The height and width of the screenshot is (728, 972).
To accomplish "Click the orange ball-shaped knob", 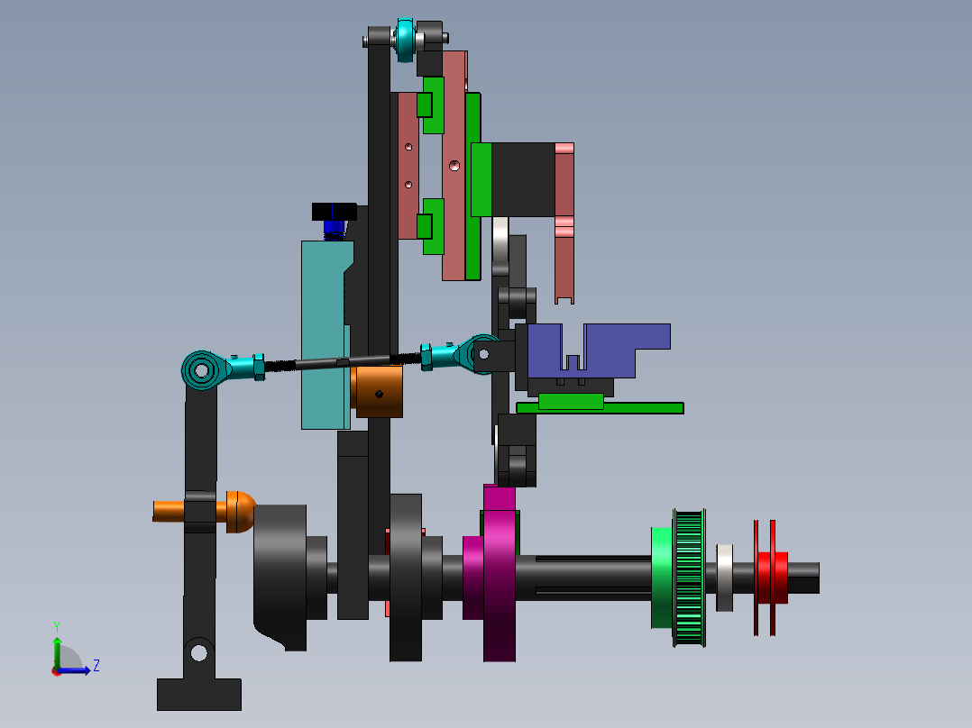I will click(239, 511).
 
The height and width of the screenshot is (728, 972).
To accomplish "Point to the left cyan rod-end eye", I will click(201, 369).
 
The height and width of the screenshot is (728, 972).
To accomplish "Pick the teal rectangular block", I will click(323, 333).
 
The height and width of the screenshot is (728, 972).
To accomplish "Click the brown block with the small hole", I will click(379, 392).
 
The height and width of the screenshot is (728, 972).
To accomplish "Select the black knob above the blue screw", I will click(334, 212).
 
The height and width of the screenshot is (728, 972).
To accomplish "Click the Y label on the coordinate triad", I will click(56, 625).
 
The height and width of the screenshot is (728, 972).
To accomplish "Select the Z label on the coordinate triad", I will click(96, 666).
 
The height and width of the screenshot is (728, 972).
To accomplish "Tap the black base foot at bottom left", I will click(198, 694).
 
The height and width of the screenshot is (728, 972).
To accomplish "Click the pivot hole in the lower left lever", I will click(198, 650).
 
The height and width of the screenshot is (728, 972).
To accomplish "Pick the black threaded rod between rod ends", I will click(343, 362).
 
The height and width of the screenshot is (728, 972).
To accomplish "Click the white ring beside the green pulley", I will click(724, 577).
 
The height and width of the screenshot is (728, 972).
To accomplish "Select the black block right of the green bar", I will click(521, 180).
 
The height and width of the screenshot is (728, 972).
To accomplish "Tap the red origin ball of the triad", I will click(56, 670).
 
